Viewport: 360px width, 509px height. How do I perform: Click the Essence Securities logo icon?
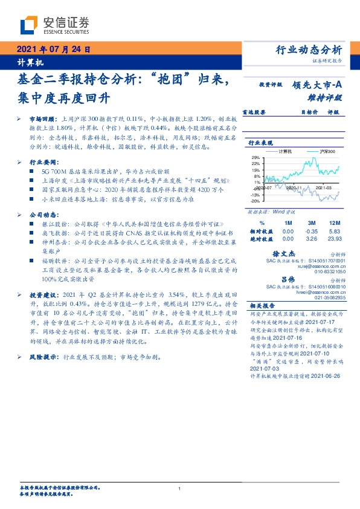[x=28, y=25]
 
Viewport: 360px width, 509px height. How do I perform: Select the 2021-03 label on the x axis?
[x=326, y=189]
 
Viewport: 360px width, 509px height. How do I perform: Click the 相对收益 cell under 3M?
[x=312, y=231]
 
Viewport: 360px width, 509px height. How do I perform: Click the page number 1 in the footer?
[x=180, y=488]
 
